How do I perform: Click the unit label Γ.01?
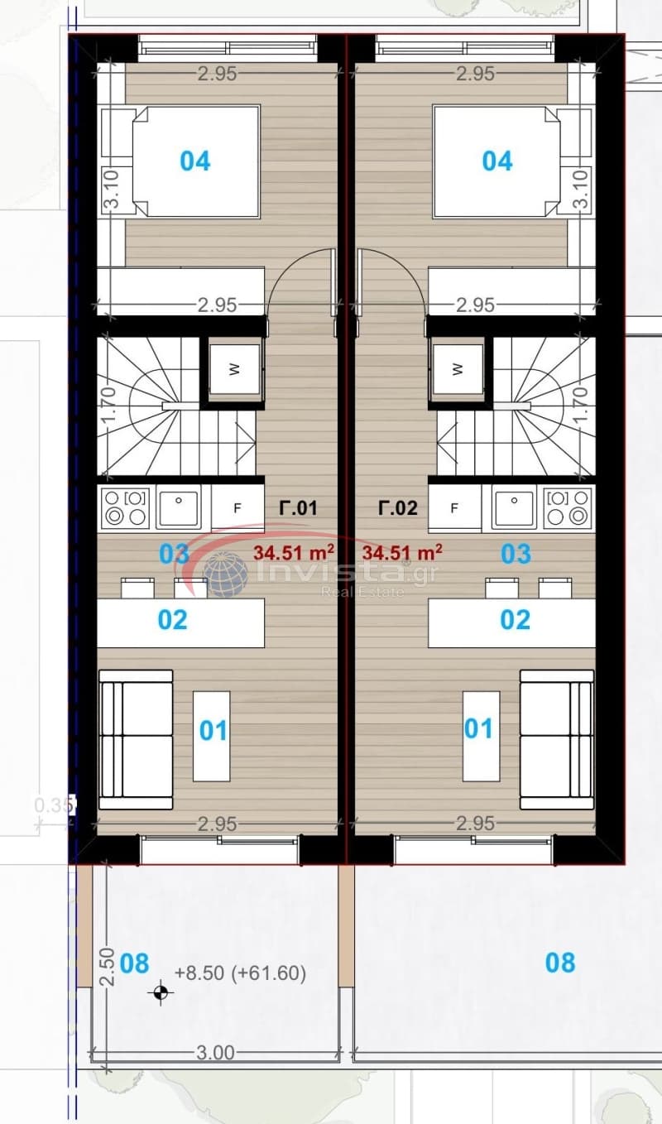click(298, 508)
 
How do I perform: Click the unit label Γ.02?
click(398, 508)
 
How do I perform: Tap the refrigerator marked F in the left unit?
click(237, 508)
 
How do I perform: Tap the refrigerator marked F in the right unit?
click(454, 508)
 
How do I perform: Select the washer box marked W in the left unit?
click(235, 369)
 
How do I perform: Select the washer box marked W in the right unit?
click(458, 369)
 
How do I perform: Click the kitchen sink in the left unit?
click(179, 507)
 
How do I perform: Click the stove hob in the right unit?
click(568, 507)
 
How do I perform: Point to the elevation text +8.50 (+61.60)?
click(240, 973)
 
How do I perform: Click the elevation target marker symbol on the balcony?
click(161, 992)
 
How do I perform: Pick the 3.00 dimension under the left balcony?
click(215, 1052)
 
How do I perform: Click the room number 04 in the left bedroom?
click(195, 161)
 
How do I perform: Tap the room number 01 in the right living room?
click(478, 728)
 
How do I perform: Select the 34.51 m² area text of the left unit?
click(294, 552)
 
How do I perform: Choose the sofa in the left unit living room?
click(136, 740)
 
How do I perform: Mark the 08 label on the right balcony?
click(560, 963)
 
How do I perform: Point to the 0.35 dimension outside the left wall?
click(54, 805)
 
